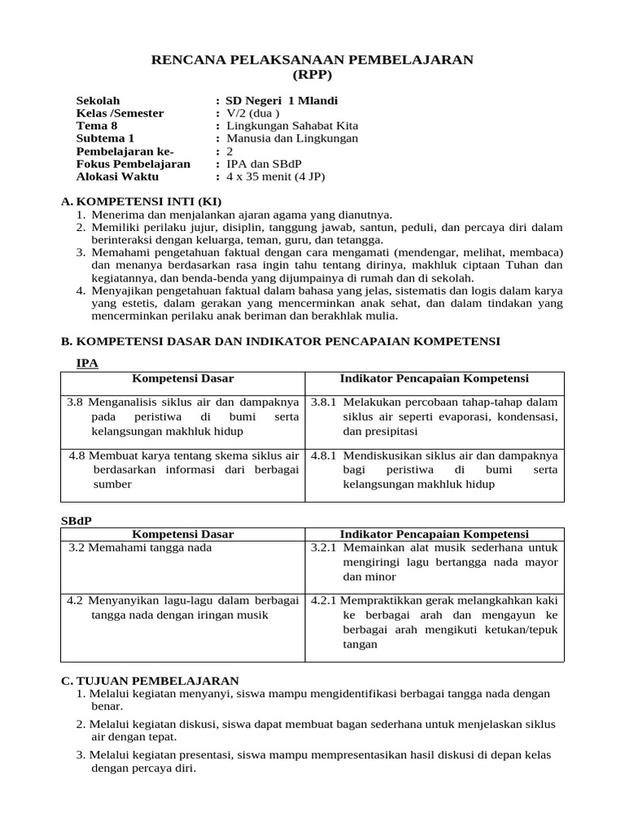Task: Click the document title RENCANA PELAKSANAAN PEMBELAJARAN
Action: point(312,60)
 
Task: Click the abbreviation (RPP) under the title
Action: point(312,75)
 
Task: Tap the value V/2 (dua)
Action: point(252,114)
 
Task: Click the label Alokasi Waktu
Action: point(117,177)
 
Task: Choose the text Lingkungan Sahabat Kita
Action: point(291,126)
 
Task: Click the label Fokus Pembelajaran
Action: point(133,164)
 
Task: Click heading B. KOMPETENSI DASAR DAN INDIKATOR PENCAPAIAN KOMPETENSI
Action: point(281,342)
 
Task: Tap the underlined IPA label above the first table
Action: point(87,364)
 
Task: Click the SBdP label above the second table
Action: point(77,520)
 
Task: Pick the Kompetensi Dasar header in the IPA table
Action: point(182,379)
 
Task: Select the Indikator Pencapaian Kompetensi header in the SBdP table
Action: point(434,534)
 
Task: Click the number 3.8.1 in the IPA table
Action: point(324,403)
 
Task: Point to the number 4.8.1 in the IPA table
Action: point(324,456)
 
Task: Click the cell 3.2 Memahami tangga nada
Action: point(139,548)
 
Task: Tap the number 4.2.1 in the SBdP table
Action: point(324,601)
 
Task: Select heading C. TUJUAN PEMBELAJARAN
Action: point(150,681)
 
